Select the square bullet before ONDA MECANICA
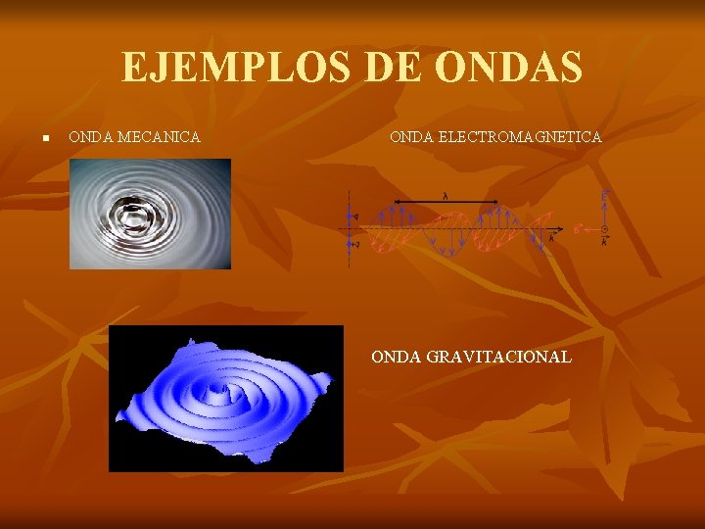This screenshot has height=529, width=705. point(45,138)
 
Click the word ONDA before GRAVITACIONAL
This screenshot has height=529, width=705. point(397,357)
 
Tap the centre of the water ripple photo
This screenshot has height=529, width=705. point(150,214)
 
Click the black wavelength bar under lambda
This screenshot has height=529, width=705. point(446,203)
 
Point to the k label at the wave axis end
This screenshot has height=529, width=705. point(551,238)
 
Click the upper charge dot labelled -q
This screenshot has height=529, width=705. point(349,216)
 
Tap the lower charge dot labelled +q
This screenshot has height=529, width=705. point(349,245)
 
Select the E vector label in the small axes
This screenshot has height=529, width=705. point(604,196)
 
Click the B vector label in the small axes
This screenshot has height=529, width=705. point(578,228)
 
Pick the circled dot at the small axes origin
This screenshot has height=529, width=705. point(604,228)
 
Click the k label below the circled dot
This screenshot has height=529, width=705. point(604,240)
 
